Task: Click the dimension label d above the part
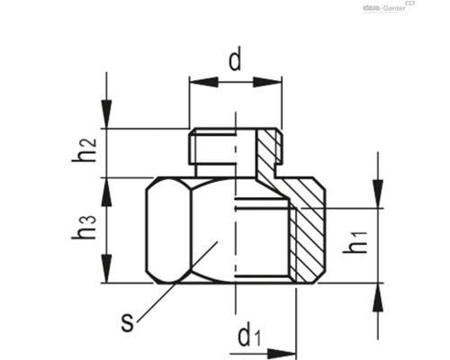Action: click(235, 62)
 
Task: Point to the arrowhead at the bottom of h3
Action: click(107, 271)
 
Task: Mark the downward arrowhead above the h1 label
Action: click(379, 194)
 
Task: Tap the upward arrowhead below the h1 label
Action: click(379, 296)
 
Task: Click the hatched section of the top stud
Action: click(266, 153)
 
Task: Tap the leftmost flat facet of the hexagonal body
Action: click(158, 230)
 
